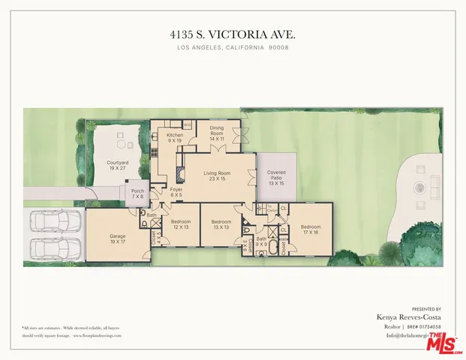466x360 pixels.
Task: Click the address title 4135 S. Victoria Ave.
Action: click(233, 34)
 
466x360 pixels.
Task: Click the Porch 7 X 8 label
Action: click(138, 193)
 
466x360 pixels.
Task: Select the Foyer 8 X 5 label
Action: click(176, 192)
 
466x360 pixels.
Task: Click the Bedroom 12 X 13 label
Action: click(181, 224)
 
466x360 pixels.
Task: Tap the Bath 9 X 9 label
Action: click(261, 241)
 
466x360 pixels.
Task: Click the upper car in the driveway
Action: click(55, 223)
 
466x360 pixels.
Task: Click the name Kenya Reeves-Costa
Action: click(409, 317)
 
